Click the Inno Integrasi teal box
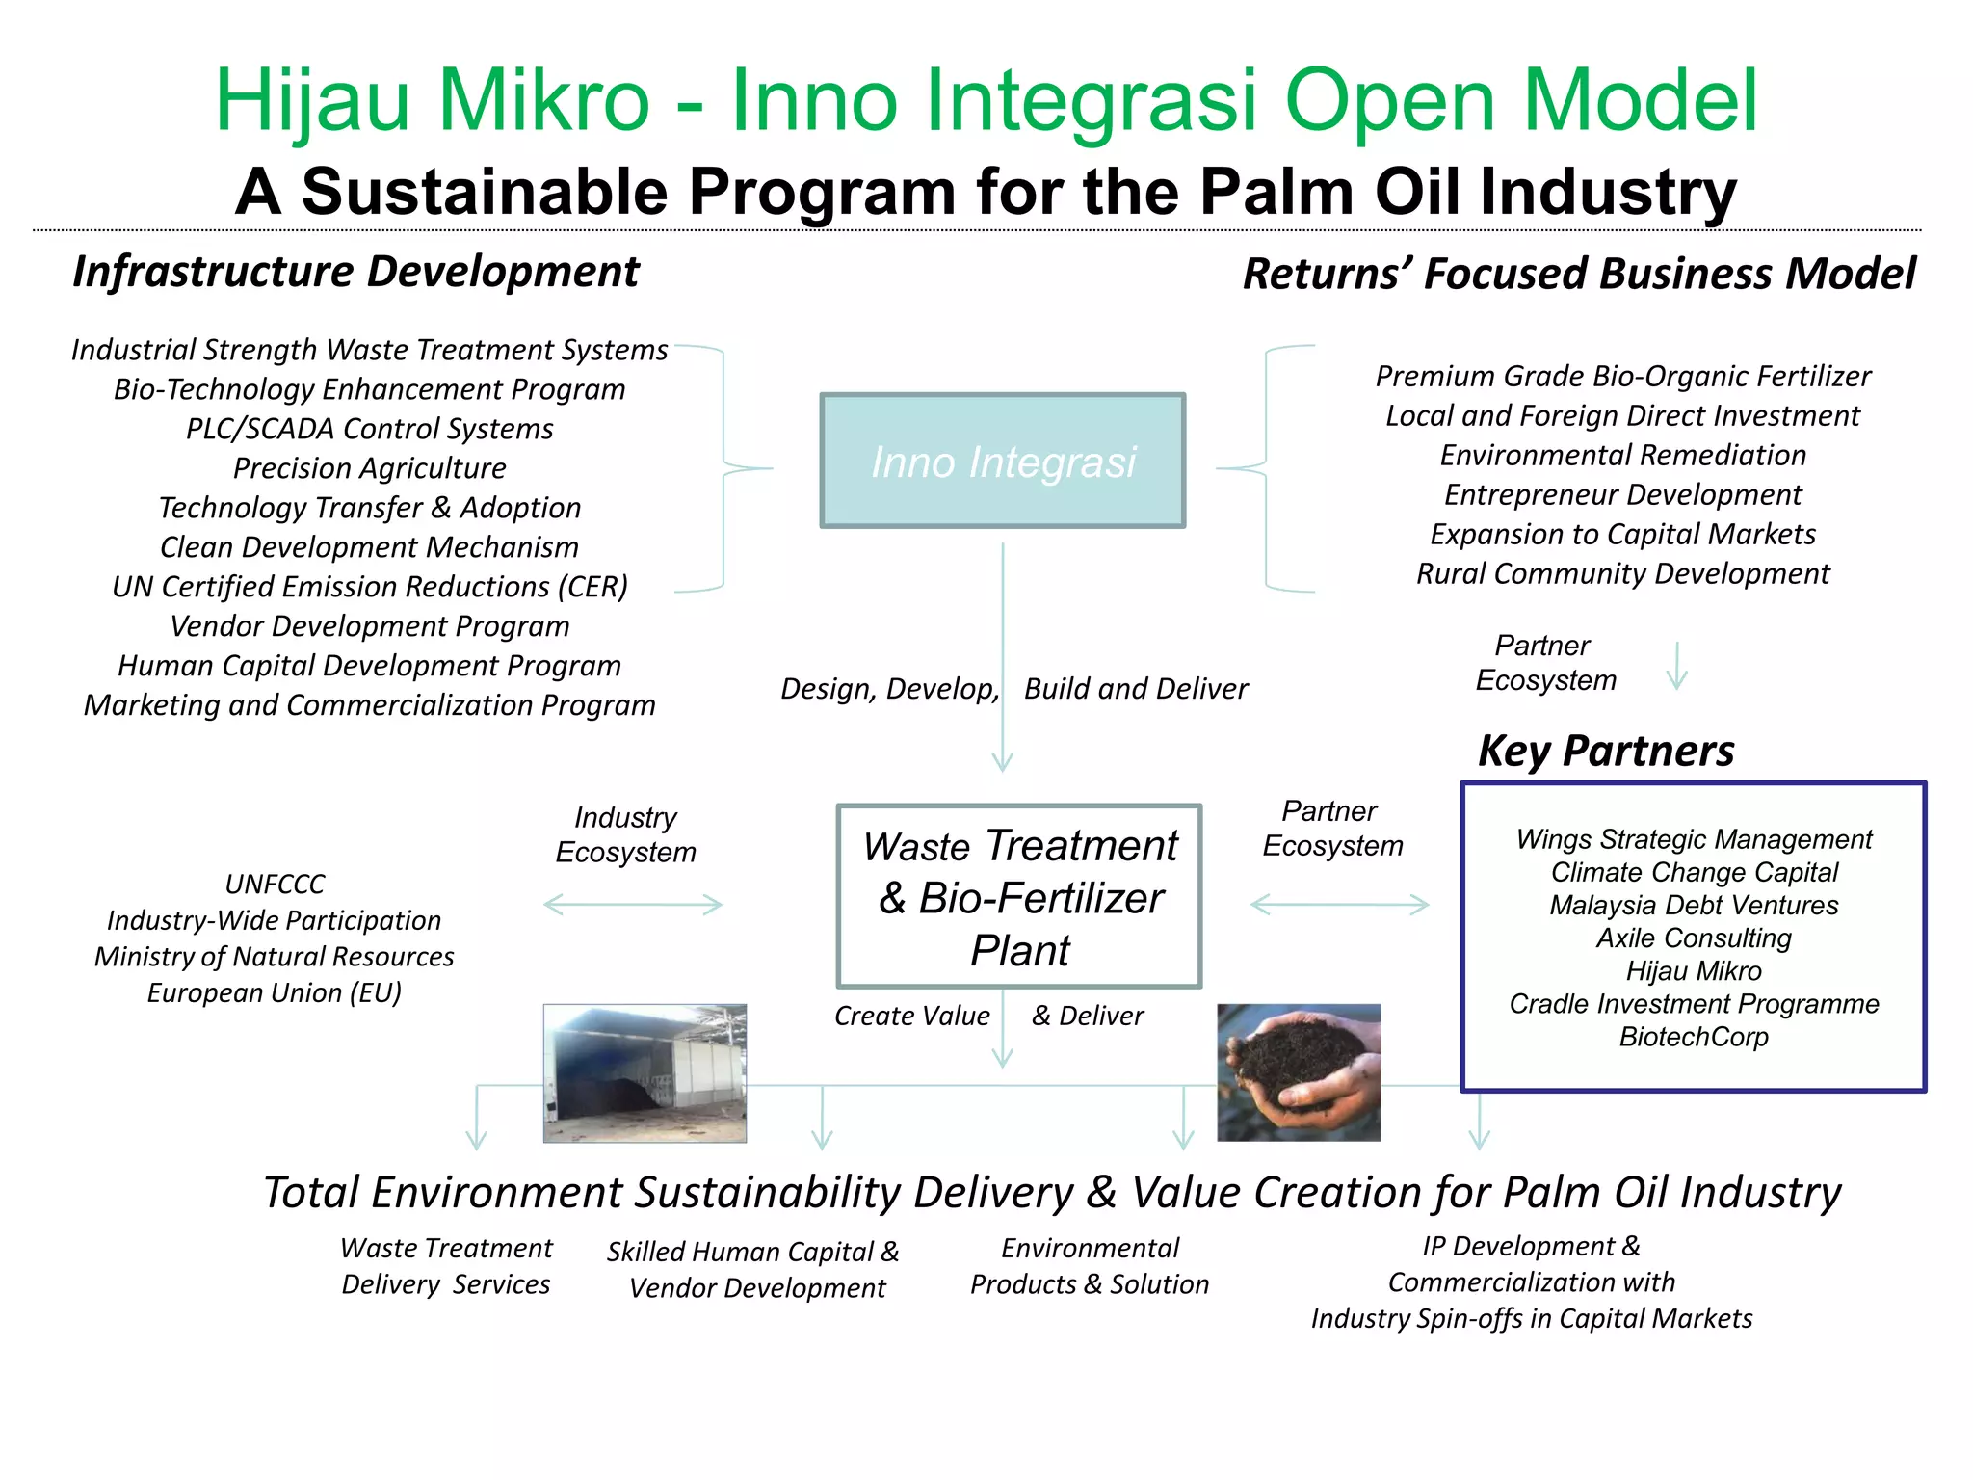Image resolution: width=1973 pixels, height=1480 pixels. coord(1002,461)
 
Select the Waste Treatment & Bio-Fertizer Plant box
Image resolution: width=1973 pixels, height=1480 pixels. coord(1019,896)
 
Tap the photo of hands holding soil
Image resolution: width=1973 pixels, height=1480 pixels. coord(1298,1072)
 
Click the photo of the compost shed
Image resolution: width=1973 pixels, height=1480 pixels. coord(645,1072)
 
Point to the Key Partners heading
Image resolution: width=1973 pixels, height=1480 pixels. coord(1606,751)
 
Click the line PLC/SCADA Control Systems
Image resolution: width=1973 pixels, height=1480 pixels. coord(369,429)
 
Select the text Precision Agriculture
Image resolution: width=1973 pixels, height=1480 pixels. coord(369,468)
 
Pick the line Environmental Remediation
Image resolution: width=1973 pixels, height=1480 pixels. coord(1622,455)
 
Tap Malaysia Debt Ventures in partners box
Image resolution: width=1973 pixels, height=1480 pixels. coord(1694,905)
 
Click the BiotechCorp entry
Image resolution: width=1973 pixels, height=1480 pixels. coord(1694,1037)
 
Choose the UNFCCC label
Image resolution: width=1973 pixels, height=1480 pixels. coord(275,884)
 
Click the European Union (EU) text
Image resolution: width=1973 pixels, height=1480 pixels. coord(275,992)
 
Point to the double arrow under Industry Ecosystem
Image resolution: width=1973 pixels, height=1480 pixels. coord(633,904)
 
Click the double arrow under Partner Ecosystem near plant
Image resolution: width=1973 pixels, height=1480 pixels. coord(1339,904)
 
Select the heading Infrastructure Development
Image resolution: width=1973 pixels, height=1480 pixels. coord(355,272)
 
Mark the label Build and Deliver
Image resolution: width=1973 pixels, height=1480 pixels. coord(1135,689)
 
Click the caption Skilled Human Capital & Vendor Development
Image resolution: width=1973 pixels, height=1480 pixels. coord(754,1269)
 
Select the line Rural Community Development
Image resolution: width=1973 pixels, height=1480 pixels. coord(1622,573)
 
